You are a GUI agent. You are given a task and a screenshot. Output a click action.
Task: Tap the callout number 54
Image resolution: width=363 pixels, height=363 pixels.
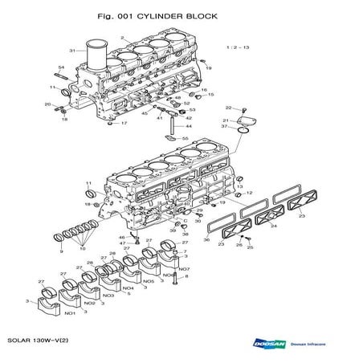[61, 68]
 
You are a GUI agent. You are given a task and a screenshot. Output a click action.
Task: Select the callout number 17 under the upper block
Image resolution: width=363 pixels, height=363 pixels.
[124, 124]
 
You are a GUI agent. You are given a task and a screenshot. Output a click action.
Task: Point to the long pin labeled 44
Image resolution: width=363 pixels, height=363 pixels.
[188, 126]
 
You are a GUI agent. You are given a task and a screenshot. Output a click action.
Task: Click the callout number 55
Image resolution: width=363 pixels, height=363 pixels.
[185, 139]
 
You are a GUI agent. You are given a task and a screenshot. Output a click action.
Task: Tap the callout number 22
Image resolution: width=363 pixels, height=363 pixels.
[228, 108]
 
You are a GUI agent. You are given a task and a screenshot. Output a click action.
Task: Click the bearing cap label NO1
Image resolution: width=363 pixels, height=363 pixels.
[70, 313]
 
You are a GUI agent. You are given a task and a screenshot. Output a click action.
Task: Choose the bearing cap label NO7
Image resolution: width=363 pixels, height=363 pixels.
[184, 269]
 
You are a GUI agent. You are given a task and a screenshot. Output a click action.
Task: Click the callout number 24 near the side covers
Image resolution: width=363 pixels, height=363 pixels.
[272, 226]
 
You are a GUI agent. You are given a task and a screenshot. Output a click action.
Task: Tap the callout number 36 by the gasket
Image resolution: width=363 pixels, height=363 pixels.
[206, 239]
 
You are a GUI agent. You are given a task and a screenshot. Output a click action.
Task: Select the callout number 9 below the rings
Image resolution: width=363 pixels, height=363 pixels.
[60, 252]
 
